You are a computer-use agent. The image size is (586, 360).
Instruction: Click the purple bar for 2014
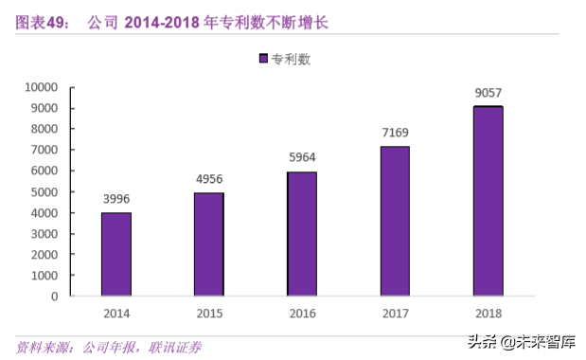[116, 254]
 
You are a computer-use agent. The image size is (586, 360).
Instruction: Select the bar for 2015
[209, 243]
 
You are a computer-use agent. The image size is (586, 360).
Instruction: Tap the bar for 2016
[302, 233]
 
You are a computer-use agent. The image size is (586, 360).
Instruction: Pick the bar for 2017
[395, 221]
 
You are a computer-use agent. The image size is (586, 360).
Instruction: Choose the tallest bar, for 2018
[488, 201]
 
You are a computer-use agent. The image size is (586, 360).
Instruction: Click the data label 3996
[116, 198]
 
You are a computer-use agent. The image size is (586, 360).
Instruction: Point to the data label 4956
[209, 178]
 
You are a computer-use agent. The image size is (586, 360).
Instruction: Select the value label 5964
[302, 157]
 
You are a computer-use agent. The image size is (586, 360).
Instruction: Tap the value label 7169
[395, 132]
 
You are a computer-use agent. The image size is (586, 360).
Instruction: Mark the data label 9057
[488, 93]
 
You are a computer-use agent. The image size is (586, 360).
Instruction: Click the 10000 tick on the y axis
[41, 87]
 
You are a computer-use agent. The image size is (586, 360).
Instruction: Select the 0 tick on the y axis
[55, 296]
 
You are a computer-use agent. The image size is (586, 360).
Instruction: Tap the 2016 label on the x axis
[302, 314]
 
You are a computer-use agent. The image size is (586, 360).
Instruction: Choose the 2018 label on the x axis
[488, 314]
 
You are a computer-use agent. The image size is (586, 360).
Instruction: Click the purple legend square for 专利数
[264, 59]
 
